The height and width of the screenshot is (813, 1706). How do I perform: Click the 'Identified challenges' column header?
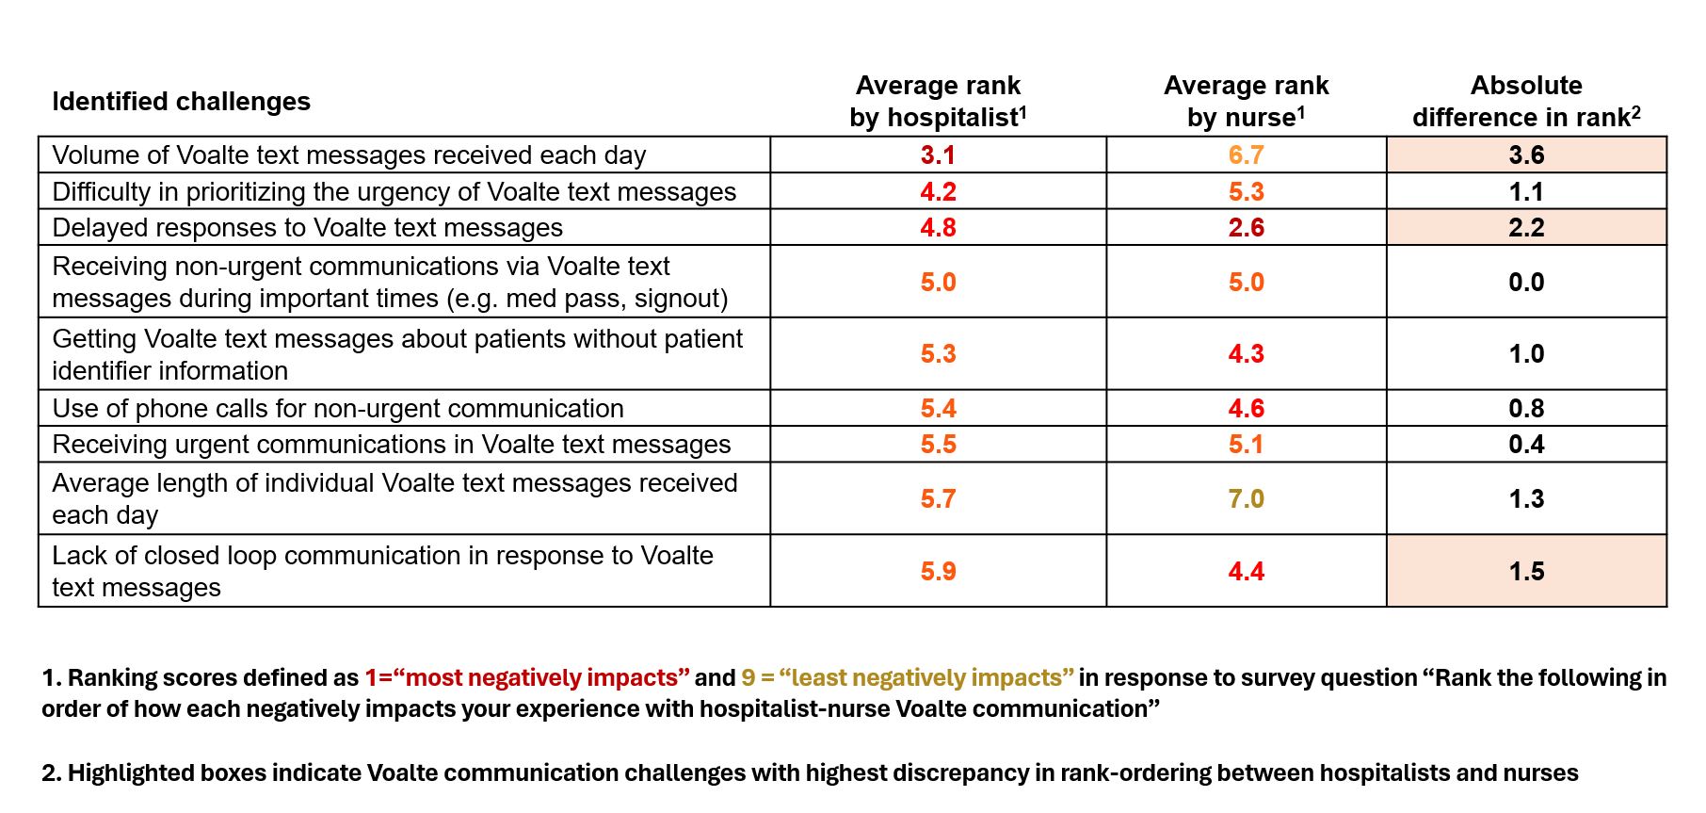pos(181,102)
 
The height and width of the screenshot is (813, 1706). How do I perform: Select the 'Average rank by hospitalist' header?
pos(938,102)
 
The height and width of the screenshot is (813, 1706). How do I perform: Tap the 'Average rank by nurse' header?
pos(1246,102)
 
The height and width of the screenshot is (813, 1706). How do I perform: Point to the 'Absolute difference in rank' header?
pos(1526,102)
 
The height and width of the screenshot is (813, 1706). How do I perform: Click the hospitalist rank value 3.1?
pos(938,155)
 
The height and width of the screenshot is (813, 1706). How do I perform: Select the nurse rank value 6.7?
pos(1246,155)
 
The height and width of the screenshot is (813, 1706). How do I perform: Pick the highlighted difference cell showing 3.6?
pos(1526,155)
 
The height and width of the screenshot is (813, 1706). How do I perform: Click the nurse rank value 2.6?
pos(1246,228)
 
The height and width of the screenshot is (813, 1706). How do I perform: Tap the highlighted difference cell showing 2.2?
pos(1526,228)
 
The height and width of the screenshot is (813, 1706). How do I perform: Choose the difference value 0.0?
pos(1526,283)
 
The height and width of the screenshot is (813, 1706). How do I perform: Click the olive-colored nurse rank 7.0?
pos(1246,499)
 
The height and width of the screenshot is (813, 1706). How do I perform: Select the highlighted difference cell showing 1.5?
pos(1526,572)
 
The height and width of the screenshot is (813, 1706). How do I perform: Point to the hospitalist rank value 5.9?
pos(938,572)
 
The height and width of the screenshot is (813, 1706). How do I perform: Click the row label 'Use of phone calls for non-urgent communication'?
pos(338,409)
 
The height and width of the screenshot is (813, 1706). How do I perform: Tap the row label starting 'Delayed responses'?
pos(307,228)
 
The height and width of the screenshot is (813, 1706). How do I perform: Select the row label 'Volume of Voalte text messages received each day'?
pos(348,155)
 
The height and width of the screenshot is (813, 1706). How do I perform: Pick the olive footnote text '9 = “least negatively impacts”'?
pos(907,678)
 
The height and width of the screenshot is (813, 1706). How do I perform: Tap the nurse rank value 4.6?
pos(1246,409)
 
